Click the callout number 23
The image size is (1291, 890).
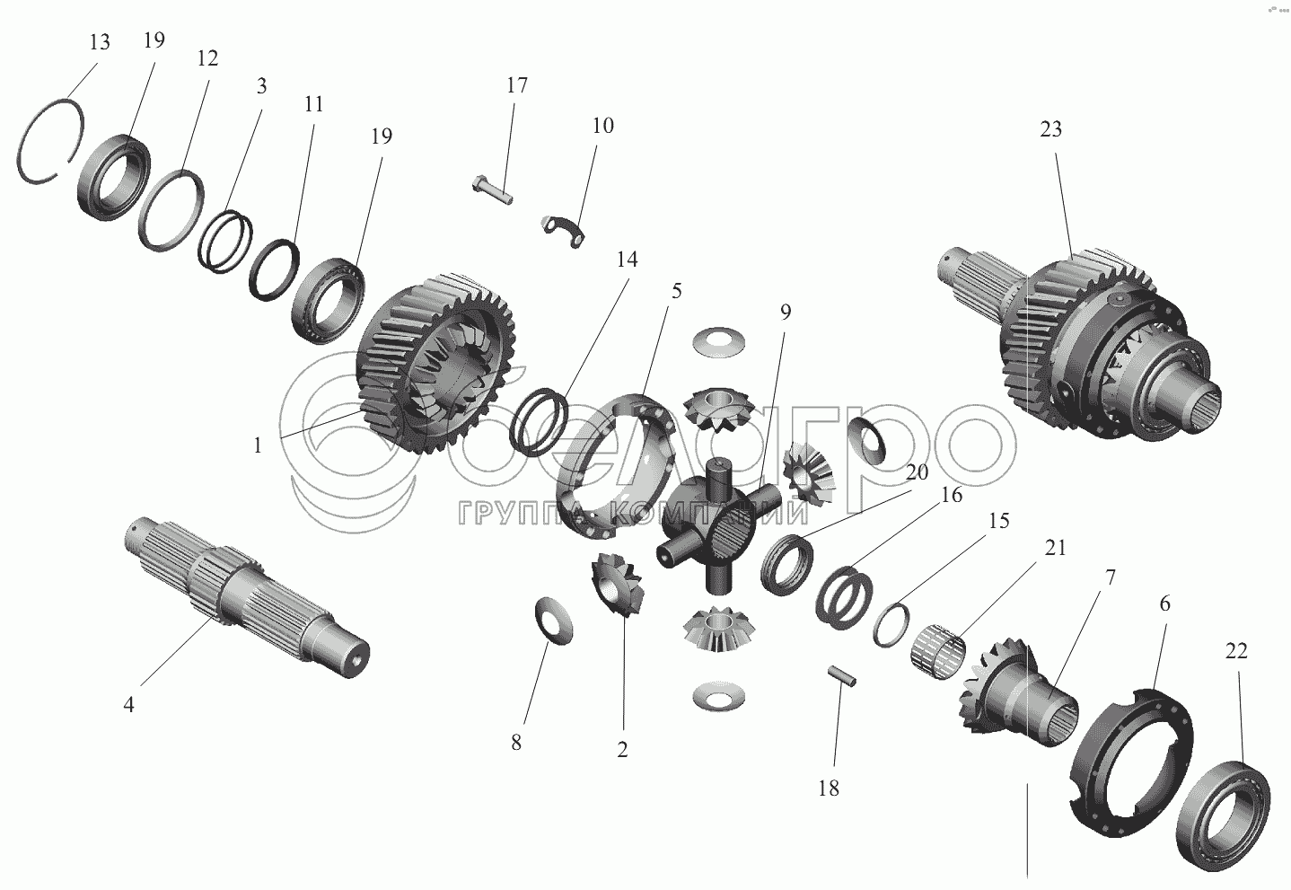coord(1050,129)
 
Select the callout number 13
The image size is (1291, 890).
coord(99,42)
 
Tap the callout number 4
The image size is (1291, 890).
coord(128,705)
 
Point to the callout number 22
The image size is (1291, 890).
coord(1236,652)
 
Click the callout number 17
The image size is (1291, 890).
coord(516,85)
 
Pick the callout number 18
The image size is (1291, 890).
coord(828,788)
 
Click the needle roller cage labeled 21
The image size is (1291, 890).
coord(942,651)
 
